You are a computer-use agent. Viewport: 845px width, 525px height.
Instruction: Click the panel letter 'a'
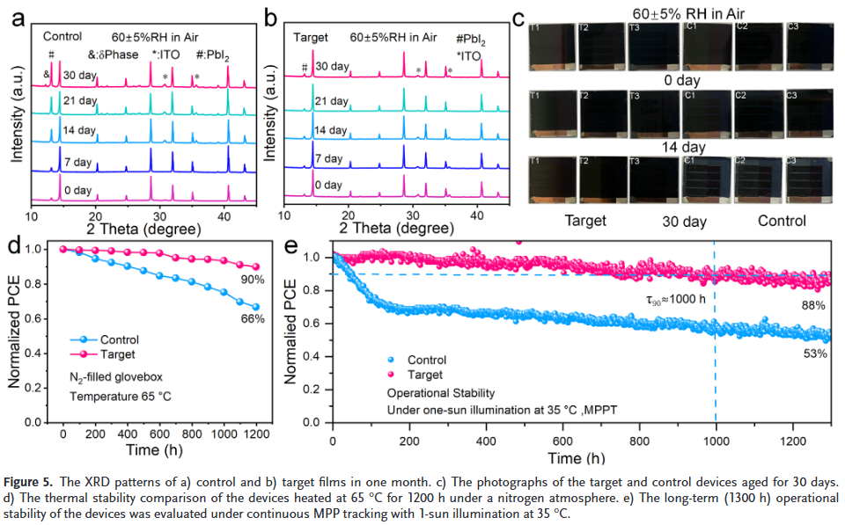[17, 18]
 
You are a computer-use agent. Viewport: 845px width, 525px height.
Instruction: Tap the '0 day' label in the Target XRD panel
[328, 186]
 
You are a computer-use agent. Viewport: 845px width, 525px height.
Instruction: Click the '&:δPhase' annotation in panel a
[114, 55]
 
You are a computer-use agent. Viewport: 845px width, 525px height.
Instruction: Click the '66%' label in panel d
[253, 319]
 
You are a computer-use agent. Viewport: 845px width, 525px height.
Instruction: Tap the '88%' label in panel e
[812, 305]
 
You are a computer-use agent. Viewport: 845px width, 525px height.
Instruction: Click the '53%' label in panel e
[812, 354]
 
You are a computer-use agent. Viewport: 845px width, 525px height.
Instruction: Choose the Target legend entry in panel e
[427, 375]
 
